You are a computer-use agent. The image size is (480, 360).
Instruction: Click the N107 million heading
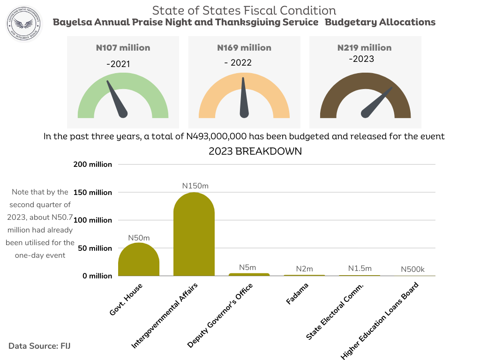(x=123, y=48)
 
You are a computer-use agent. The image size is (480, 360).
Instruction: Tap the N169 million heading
(x=244, y=48)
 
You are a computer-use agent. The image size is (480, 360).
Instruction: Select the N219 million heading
(x=364, y=48)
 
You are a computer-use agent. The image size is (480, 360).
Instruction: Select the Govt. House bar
(x=139, y=260)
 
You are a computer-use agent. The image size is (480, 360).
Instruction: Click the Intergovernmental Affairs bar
(x=194, y=234)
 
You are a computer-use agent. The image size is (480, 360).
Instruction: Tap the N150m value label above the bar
(x=195, y=186)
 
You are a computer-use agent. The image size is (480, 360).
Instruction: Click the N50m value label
(x=138, y=238)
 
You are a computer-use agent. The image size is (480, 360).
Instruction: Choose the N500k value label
(x=412, y=270)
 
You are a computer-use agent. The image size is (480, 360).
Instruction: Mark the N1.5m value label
(x=360, y=269)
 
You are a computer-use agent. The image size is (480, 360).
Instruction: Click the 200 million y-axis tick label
(x=93, y=165)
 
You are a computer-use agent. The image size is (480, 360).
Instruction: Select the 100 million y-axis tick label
(x=93, y=220)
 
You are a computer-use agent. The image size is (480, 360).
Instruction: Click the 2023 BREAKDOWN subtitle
(x=255, y=151)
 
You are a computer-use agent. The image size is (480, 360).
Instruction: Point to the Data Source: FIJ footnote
(x=39, y=346)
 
